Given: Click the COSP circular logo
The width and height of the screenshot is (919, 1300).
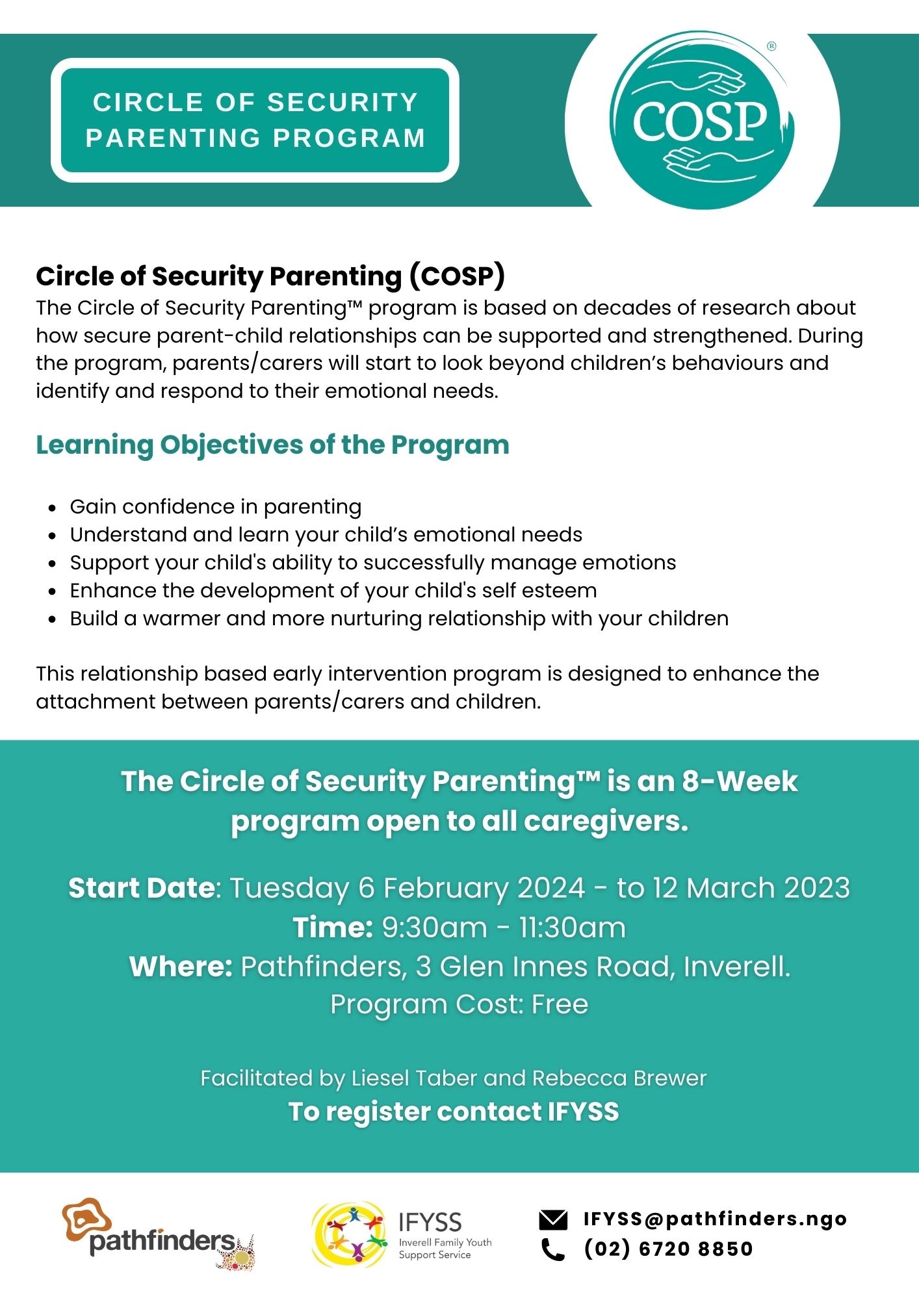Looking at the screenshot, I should coord(702,121).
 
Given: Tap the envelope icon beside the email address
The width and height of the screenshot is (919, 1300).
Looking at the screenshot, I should coord(553,1220).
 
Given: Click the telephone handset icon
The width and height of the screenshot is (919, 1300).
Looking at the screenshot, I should coord(552,1249).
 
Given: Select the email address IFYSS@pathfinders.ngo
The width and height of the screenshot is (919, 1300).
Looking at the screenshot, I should coord(715,1219).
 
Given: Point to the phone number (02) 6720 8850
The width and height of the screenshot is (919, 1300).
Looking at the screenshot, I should coord(668,1249).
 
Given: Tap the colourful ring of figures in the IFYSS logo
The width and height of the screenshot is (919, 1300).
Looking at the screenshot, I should coord(349,1234).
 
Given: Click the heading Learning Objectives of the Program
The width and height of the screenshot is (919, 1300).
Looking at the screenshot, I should coord(272,445).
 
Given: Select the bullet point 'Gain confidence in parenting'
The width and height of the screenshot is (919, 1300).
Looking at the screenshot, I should coord(216,507).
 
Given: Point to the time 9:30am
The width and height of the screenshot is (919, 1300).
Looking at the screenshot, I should coord(434,928).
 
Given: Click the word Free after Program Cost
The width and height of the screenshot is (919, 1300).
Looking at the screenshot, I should coord(560,1004).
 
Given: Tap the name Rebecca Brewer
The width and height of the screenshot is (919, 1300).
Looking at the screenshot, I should coord(619,1078).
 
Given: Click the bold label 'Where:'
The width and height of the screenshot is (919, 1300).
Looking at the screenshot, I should coord(181,967).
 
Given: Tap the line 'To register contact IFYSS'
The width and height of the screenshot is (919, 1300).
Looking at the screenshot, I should coord(453,1111).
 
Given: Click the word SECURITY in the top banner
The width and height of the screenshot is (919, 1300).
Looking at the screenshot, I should coord(343,103).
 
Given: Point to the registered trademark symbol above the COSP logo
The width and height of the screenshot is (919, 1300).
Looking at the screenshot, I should coord(771,46).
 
